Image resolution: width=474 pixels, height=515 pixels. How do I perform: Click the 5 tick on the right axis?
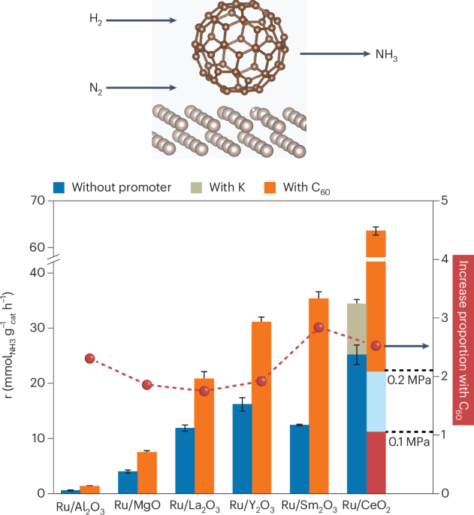[446, 201]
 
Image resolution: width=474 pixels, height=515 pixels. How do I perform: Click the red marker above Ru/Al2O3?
[90, 359]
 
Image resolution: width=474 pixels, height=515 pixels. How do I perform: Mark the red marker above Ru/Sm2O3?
[319, 327]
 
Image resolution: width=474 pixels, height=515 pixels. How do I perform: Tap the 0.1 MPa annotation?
[409, 443]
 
